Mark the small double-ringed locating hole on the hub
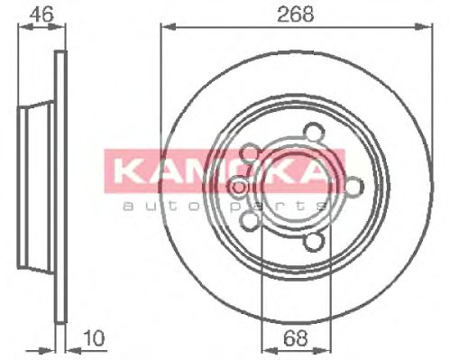coord(238,187)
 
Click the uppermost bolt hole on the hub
coord(312,132)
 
